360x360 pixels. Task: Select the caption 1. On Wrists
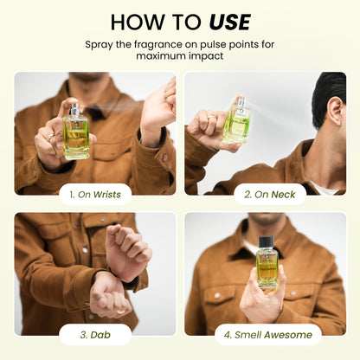coord(95,195)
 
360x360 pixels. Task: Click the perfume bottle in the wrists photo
coord(76,134)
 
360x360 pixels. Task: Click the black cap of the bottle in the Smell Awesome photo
coord(267,243)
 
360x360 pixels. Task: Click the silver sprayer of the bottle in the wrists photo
coord(75,110)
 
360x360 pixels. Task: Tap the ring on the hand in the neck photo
coord(210,114)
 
